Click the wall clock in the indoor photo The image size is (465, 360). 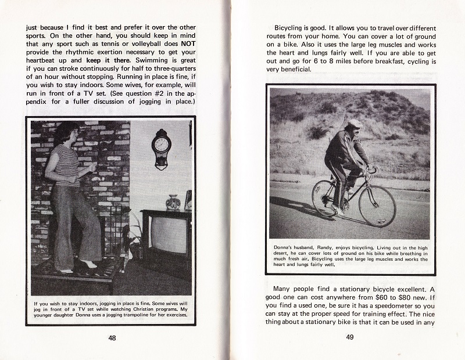click(161, 149)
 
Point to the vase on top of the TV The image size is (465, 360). click(173, 202)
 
